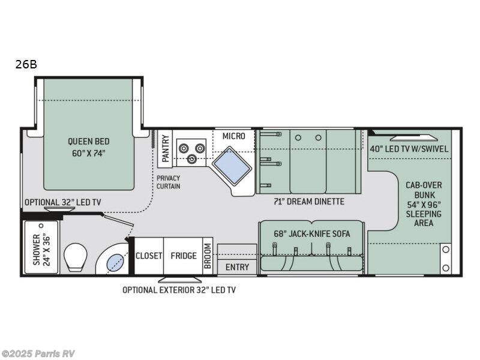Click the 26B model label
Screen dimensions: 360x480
point(26,64)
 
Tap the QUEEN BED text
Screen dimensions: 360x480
point(88,147)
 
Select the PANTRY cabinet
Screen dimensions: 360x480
point(166,148)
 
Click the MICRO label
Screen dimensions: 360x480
point(233,136)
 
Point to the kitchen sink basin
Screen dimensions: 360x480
point(231,163)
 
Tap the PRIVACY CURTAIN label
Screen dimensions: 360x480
point(169,182)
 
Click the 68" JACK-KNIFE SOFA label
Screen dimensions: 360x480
point(311,234)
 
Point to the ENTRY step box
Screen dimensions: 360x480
point(237,266)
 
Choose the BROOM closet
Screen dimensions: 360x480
point(208,256)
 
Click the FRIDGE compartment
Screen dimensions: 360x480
point(184,256)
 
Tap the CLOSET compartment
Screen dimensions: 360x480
point(149,256)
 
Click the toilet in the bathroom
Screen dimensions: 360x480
point(76,257)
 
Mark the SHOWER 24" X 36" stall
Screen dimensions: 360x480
point(41,247)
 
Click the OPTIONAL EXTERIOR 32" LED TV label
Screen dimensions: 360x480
point(179,290)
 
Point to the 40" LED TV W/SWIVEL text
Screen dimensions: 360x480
point(409,149)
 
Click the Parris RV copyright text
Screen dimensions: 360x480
point(38,353)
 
